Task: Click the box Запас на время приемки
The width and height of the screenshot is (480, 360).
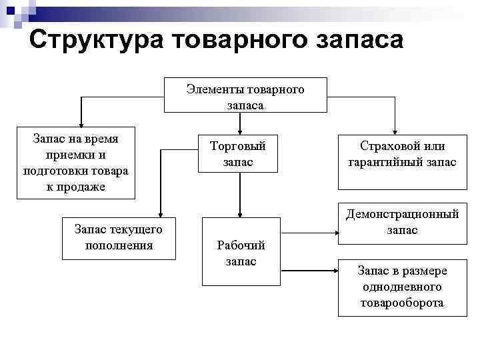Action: (75, 163)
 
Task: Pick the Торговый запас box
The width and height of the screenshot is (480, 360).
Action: (238, 154)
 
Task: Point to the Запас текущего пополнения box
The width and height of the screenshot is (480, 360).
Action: (119, 237)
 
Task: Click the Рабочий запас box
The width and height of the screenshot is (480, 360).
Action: (241, 253)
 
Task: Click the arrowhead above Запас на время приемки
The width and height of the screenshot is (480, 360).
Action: (81, 123)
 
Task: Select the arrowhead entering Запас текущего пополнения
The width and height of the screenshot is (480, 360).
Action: (160, 213)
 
